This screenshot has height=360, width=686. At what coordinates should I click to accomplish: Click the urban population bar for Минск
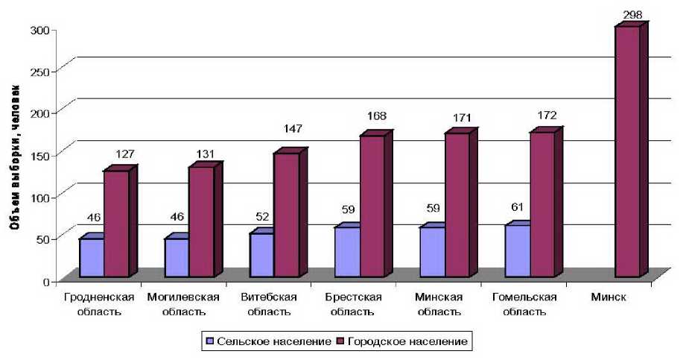627,153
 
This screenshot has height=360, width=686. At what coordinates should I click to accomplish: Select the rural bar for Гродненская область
91,257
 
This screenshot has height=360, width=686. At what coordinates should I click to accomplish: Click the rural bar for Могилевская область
177,257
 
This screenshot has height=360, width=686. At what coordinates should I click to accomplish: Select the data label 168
376,116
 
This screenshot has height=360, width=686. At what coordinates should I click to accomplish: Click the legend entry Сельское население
267,341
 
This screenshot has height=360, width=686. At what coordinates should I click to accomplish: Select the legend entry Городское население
403,341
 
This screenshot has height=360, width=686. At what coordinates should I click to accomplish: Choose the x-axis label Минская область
439,304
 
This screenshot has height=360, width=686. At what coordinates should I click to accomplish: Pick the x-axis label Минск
609,298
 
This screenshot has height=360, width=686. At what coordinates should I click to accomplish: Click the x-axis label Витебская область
269,304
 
